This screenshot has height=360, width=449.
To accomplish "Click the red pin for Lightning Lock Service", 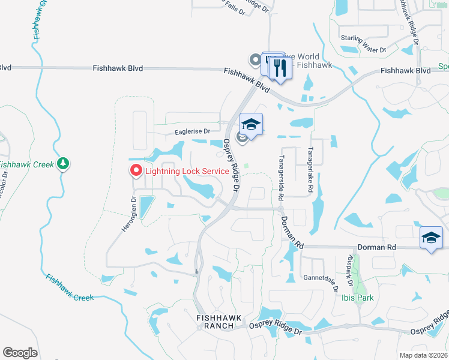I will coord(135,171).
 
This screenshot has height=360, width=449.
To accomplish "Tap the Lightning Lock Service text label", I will coord(186,171).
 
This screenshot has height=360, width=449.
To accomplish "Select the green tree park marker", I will coord(62,164).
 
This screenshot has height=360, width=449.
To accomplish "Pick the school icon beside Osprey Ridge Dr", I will coord(252,125).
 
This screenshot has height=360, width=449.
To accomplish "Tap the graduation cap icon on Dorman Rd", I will coord(430,238).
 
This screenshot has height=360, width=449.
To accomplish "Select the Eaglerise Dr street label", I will coord(193,131).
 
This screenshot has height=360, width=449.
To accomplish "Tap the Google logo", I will coord(20,353).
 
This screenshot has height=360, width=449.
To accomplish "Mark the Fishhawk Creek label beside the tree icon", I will coord(27,164).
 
